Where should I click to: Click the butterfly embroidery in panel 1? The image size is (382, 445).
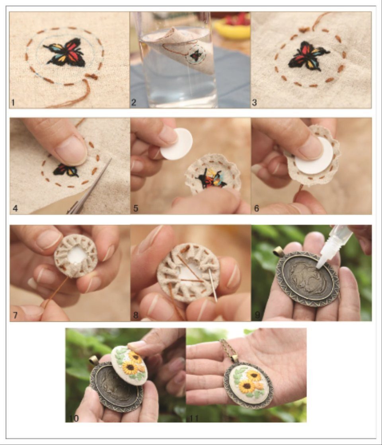point(66,52)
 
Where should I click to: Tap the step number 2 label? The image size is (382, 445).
point(134,103)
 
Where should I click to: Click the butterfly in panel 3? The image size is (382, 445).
point(308,55)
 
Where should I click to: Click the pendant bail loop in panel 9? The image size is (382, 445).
point(279,251)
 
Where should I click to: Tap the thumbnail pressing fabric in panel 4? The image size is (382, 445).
point(72,151)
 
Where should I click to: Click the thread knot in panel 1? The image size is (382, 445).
point(92,76)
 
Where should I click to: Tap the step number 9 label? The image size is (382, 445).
point(257,316)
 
